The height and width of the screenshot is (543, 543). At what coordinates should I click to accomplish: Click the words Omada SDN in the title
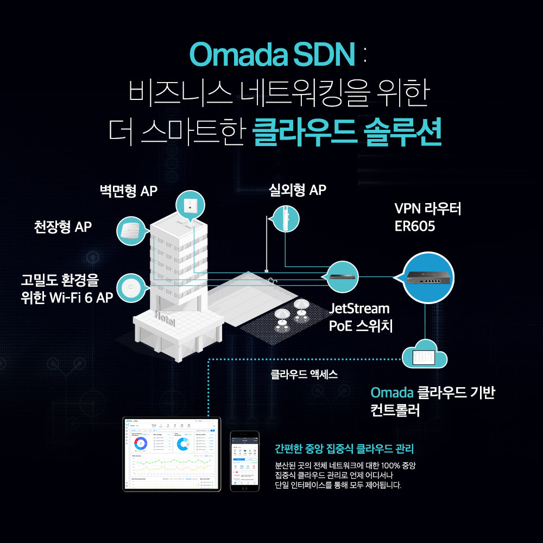(x=271, y=54)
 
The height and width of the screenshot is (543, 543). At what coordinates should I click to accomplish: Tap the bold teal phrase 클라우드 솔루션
(x=348, y=132)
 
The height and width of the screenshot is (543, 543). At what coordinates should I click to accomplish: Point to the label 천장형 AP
(x=63, y=226)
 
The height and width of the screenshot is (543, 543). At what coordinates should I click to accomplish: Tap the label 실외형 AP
(x=298, y=190)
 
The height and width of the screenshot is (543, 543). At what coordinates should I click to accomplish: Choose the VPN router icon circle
(x=427, y=278)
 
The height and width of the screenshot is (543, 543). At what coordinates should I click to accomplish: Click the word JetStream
(x=359, y=309)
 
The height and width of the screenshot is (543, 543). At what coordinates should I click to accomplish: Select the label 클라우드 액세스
(x=304, y=374)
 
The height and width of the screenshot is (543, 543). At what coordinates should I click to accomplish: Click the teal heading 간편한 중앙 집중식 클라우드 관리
(x=344, y=449)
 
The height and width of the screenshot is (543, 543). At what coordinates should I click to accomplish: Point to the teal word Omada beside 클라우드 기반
(x=392, y=393)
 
